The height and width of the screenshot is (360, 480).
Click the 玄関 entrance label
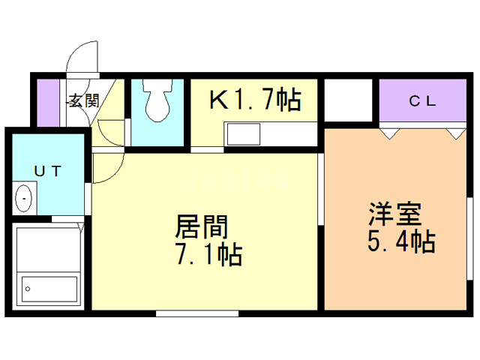click(82, 100)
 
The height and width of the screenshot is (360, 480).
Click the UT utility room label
click(46, 171)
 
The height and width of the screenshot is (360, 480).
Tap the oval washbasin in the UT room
click(25, 199)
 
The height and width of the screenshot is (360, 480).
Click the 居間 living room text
click(201, 226)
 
